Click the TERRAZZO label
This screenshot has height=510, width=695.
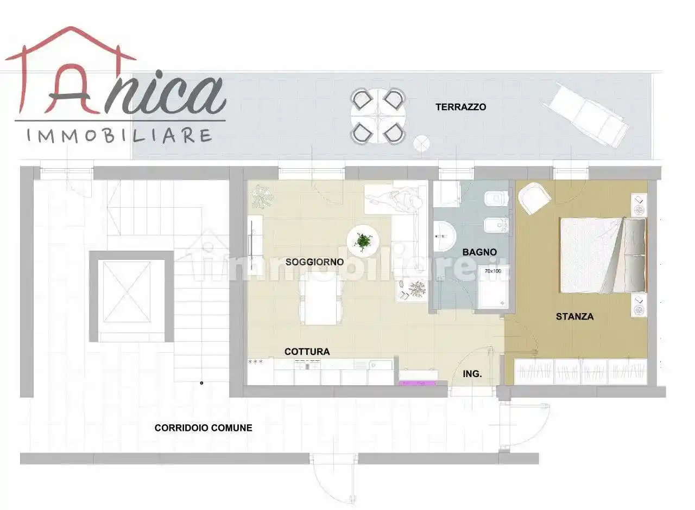(460, 107)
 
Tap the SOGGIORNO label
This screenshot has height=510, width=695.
(314, 262)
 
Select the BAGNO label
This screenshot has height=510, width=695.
(479, 252)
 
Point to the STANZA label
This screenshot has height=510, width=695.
(574, 316)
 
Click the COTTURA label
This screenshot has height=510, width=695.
(307, 352)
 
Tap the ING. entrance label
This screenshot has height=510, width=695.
(472, 374)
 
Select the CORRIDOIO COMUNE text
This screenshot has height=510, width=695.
(203, 428)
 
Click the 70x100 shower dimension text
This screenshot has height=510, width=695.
(493, 271)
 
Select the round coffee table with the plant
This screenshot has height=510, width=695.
(362, 241)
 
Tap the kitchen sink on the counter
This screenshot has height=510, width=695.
(382, 365)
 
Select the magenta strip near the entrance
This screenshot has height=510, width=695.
(418, 384)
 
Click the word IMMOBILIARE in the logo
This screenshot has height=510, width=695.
(119, 135)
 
